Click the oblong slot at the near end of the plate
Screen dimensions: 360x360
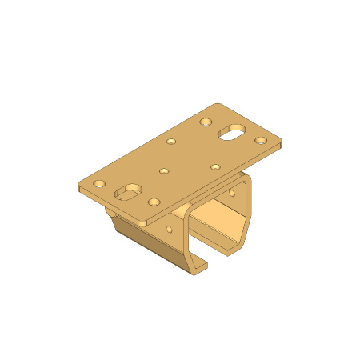coord(127,192)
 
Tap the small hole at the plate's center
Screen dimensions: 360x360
coord(164,170)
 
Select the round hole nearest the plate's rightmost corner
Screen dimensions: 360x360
coord(261,141)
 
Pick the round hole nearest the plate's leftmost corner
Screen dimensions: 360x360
coord(99,183)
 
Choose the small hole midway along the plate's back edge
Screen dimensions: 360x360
coord(171,142)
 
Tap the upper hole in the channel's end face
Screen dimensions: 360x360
coord(232,193)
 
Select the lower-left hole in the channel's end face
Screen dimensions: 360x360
coord(169,229)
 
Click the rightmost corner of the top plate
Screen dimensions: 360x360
coord(282,144)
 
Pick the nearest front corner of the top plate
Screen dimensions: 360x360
coord(142,223)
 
